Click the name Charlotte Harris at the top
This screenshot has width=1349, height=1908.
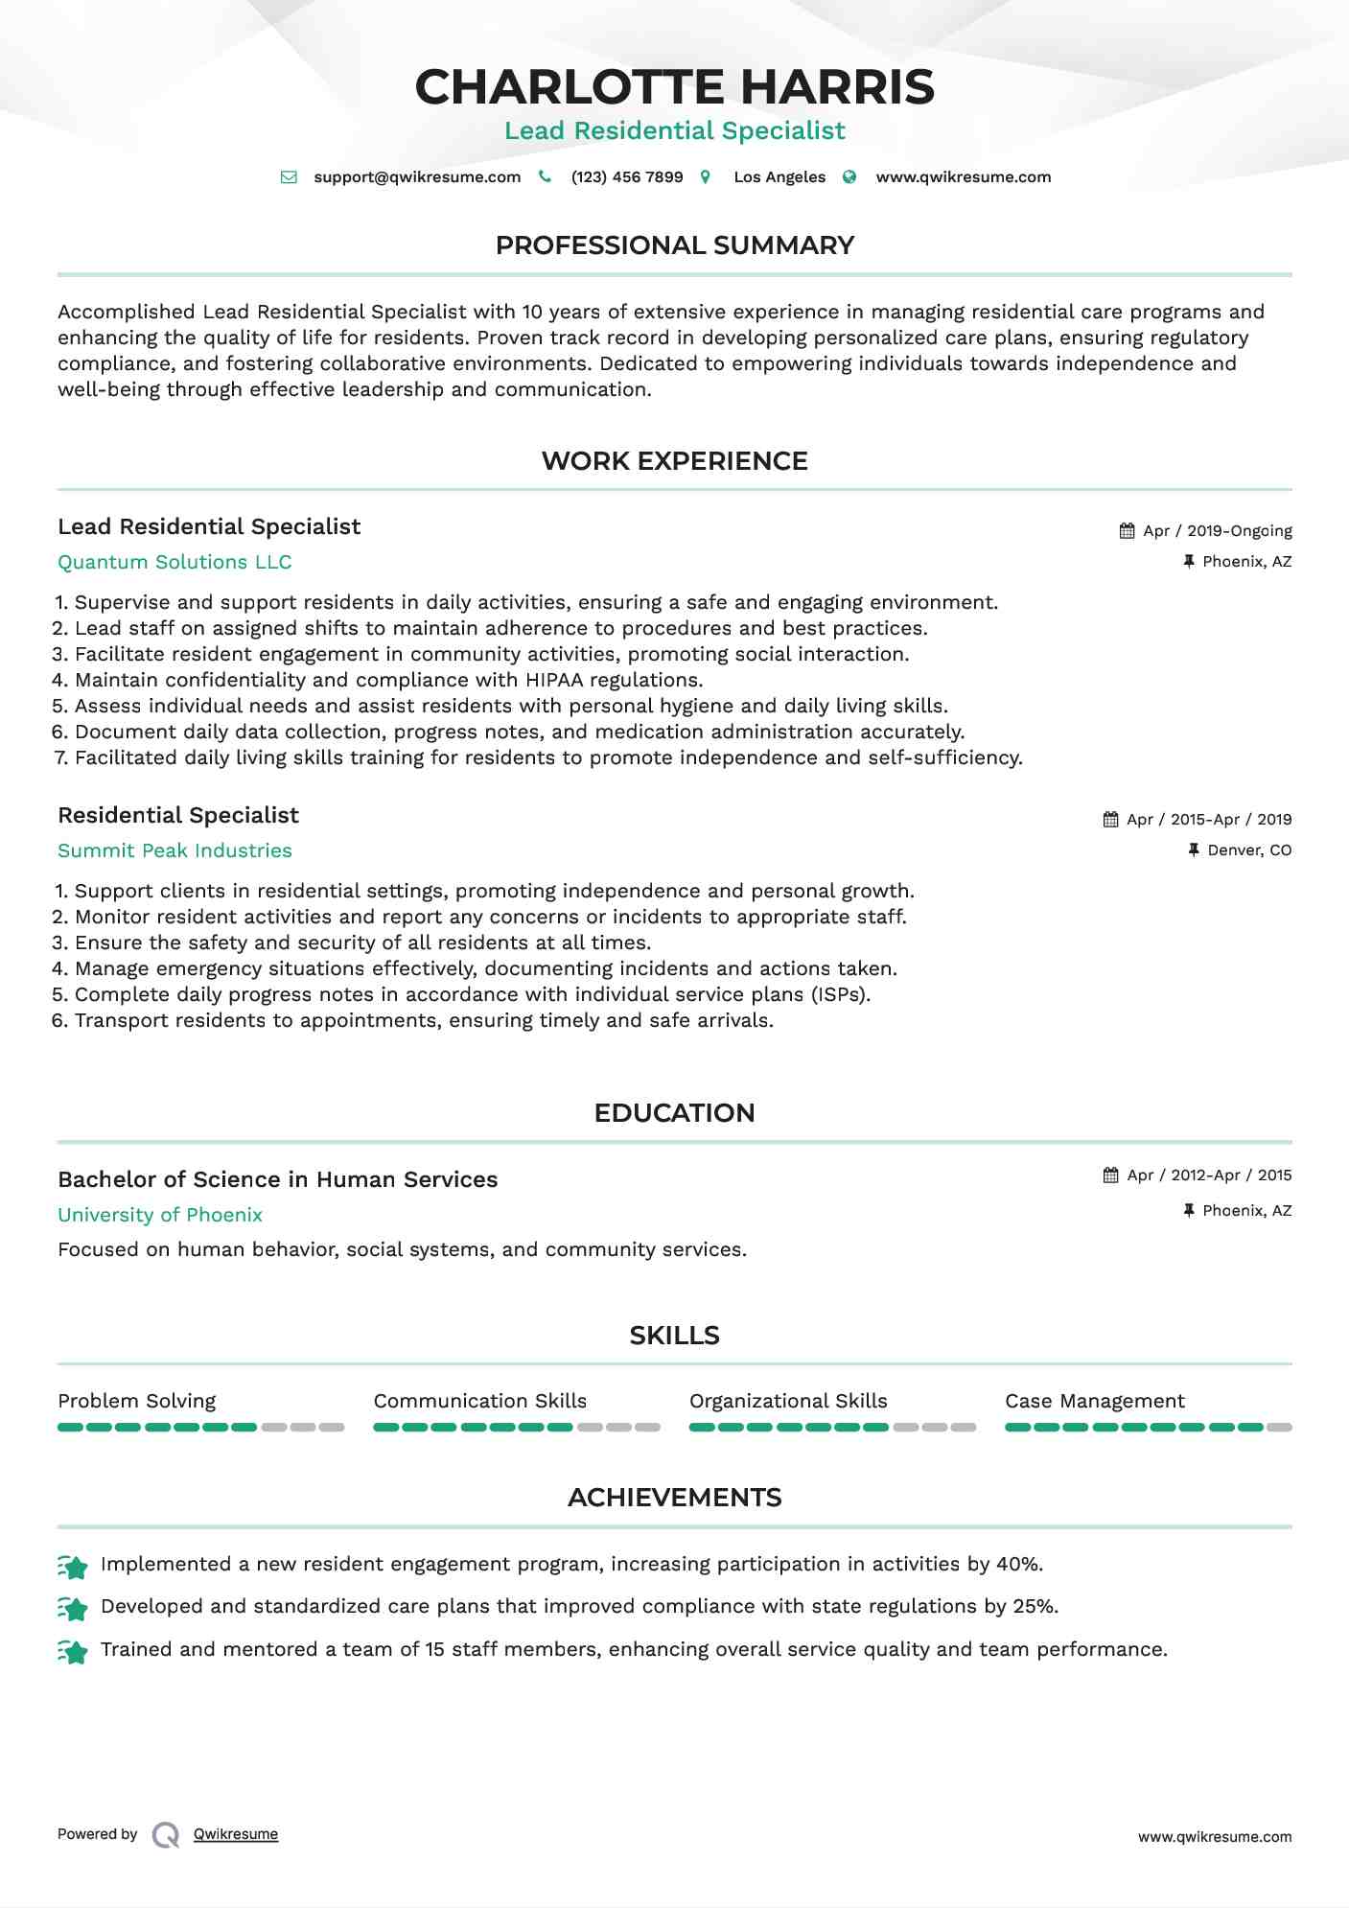674,87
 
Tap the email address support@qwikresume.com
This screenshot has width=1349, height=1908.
417,177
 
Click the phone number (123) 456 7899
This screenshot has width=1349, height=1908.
627,177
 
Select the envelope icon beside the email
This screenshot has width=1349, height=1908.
289,177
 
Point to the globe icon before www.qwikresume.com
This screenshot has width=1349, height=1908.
849,177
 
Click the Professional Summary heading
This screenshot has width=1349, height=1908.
674,245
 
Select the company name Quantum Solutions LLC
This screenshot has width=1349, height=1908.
174,563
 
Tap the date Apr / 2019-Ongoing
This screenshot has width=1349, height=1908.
1218,531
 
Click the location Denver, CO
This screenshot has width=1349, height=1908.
1249,850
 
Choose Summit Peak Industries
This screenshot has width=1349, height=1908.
174,851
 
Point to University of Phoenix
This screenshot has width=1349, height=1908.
160,1216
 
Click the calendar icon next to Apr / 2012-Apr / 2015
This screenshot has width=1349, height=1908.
1111,1175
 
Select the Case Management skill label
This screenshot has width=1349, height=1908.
1095,1402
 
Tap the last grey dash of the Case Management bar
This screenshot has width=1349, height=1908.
1279,1428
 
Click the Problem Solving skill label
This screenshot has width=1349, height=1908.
137,1402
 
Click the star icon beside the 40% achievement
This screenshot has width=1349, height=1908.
73,1567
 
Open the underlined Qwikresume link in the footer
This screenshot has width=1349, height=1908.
236,1834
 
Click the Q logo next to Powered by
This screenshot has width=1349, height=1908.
166,1835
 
